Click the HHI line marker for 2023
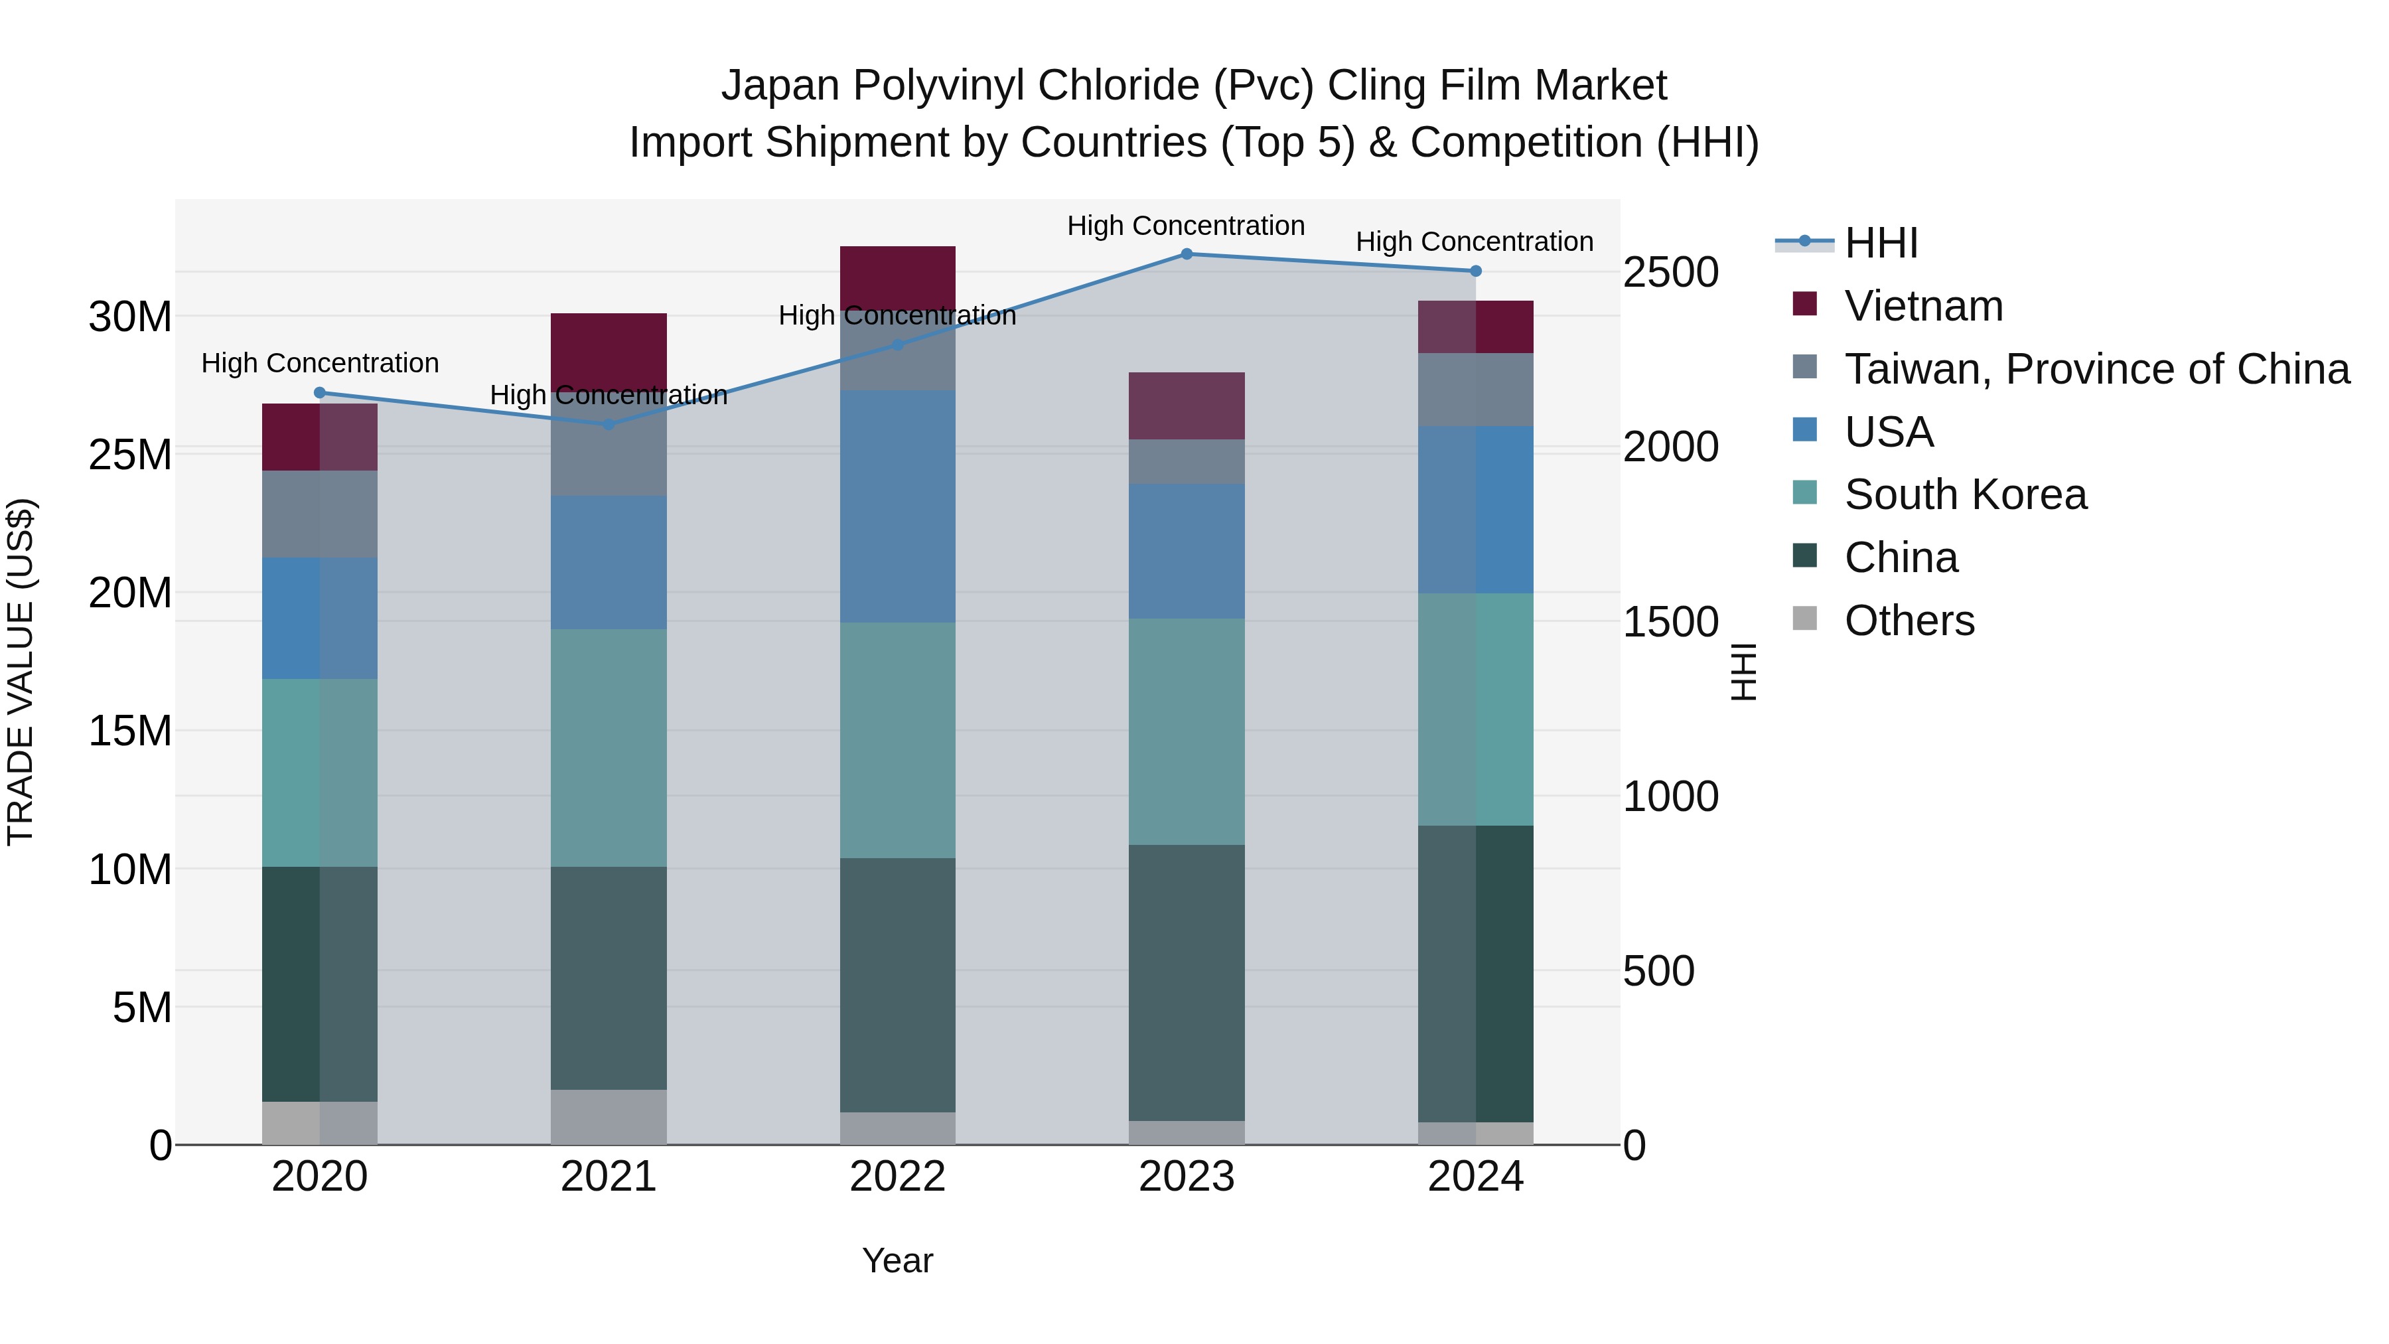pos(1186,254)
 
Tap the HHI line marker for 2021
pos(609,425)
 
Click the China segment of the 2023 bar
pos(1186,982)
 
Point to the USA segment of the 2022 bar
pos(897,506)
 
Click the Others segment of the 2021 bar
pos(609,1117)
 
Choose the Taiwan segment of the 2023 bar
pos(1186,462)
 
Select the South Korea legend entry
pos(1965,494)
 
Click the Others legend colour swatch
pos(1805,619)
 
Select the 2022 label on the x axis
pos(897,1177)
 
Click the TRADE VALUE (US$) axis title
pos(21,672)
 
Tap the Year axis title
pos(897,1260)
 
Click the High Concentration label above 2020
pos(320,364)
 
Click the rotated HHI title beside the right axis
pos(1743,672)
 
